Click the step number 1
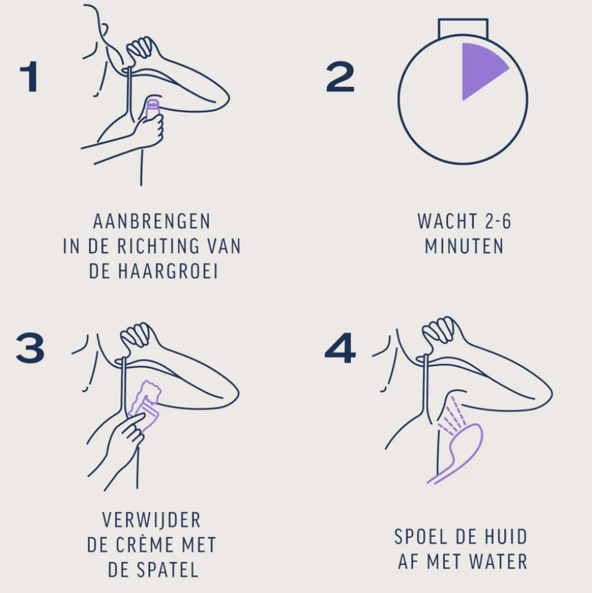29,77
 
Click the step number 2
340,77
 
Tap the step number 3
30,349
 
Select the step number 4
340,349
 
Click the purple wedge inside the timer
480,68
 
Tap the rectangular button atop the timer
463,27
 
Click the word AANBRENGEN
152,221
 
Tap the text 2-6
495,221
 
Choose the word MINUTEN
464,247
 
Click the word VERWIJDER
151,520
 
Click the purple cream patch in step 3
149,397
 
